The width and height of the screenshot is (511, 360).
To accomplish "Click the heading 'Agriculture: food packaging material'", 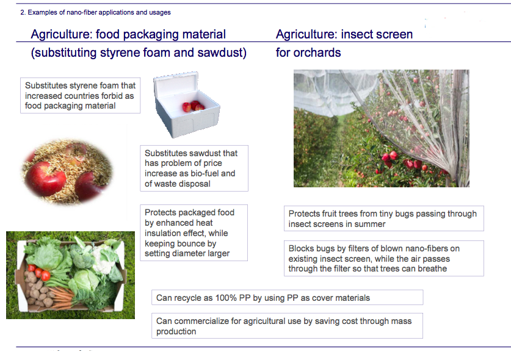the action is point(128,34).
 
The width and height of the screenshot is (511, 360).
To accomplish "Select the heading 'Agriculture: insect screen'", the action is point(344,34).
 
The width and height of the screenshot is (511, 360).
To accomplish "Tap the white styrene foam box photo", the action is point(187,104).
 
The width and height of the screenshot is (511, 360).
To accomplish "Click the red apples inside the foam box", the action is point(194,106).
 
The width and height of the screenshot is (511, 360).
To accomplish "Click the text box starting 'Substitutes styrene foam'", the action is point(80,95).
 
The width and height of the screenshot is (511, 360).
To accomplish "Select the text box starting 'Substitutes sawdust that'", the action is point(194,168).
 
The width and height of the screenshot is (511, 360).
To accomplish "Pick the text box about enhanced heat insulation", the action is point(194,233).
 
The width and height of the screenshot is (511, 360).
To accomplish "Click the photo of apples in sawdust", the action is point(67,172).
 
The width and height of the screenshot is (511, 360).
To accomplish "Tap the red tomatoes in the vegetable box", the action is point(39,273).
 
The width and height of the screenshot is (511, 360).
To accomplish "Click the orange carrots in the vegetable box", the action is point(61,297).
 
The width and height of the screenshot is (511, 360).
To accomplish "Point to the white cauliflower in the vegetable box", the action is point(103,261).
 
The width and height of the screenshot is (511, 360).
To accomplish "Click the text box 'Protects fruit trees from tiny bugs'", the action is point(384,218).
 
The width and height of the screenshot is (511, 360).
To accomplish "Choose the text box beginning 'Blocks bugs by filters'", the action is point(384,259).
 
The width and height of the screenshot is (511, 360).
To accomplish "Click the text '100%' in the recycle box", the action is point(226,298).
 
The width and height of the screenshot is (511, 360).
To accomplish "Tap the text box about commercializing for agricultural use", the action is point(287,326).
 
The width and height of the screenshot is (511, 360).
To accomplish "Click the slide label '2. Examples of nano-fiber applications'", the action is point(95,12).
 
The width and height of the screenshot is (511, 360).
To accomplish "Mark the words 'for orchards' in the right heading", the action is point(308,52).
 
